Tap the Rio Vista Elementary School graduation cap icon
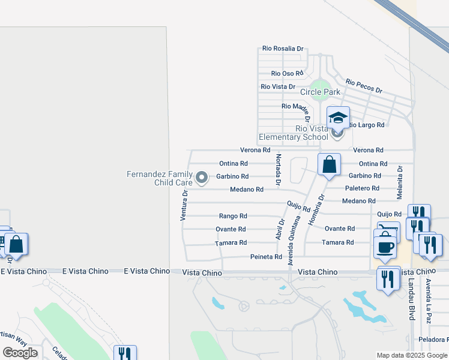pyautogui.click(x=338, y=118)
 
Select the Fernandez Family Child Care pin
pyautogui.click(x=202, y=177)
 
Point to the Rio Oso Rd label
pyautogui.click(x=286, y=73)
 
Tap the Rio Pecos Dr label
pyautogui.click(x=364, y=86)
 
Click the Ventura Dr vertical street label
pyautogui.click(x=185, y=205)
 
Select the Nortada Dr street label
pyautogui.click(x=278, y=169)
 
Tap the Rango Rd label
pyautogui.click(x=233, y=216)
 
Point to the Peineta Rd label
pyautogui.click(x=266, y=257)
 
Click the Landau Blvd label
pyautogui.click(x=412, y=298)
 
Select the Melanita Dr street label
pyautogui.click(x=399, y=182)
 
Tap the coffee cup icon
pyautogui.click(x=385, y=247)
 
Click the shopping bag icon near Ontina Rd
pyautogui.click(x=329, y=164)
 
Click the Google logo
pyautogui.click(x=20, y=353)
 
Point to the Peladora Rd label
pyautogui.click(x=434, y=340)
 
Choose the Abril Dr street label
pyautogui.click(x=280, y=228)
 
